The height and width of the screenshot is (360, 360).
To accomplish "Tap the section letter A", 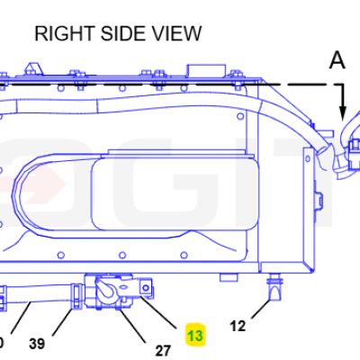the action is tap(337, 59).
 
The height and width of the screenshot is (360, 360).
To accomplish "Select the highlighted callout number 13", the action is tap(195, 335).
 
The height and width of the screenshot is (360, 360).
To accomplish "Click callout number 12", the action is tap(238, 326).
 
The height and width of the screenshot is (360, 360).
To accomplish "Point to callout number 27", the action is tap(163, 351).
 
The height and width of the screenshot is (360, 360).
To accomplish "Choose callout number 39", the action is tap(37, 344).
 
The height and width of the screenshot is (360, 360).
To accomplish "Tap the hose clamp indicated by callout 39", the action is tap(76, 296).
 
